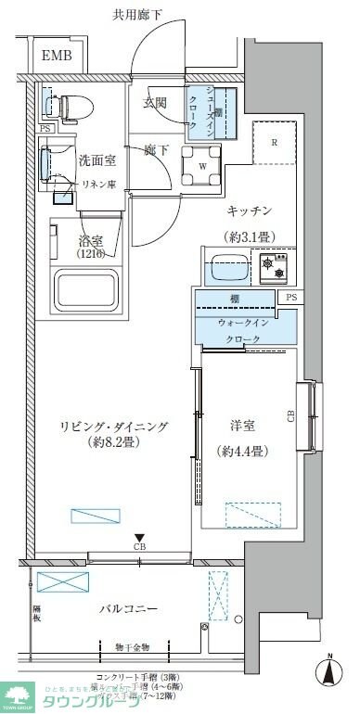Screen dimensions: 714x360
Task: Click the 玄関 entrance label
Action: click(x=155, y=101)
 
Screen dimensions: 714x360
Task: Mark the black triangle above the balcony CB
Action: click(x=139, y=537)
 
